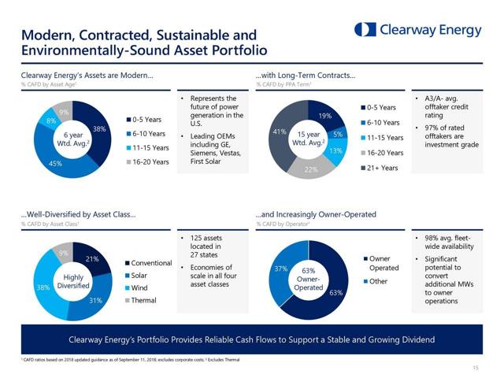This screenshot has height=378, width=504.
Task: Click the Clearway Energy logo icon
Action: [365, 30]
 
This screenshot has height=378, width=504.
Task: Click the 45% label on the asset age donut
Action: [56, 164]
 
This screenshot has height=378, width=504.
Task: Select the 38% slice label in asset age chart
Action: [99, 128]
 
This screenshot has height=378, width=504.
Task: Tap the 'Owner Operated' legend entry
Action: [384, 263]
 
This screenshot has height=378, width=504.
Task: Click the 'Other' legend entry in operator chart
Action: [379, 281]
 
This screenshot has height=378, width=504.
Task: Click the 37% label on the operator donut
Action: [280, 269]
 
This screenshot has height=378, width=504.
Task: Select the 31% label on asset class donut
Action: [94, 300]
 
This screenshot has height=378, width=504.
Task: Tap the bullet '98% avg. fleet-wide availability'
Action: [447, 242]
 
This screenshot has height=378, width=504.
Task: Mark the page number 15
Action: [476, 367]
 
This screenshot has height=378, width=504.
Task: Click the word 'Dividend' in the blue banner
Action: [413, 339]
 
